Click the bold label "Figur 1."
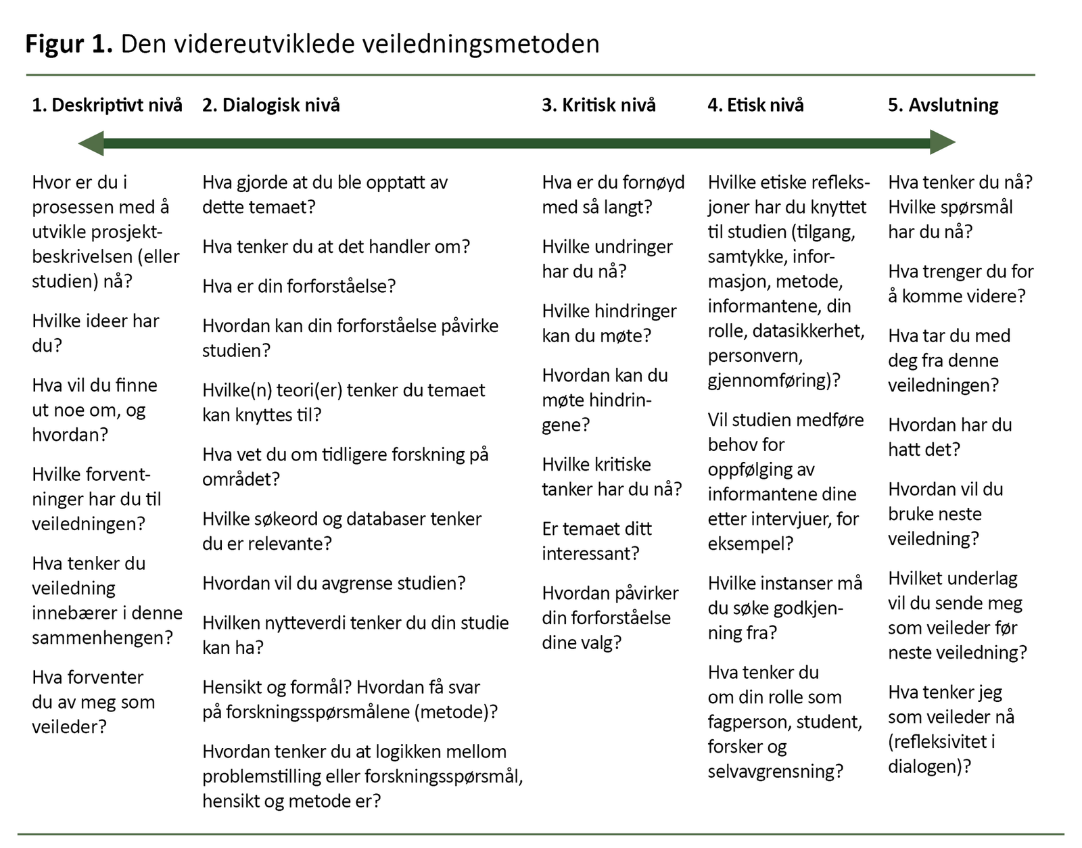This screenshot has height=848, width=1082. (x=68, y=44)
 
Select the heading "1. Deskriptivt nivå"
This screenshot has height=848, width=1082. (x=107, y=105)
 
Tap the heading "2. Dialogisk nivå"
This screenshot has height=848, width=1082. (x=270, y=105)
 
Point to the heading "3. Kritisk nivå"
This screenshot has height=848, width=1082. (x=598, y=105)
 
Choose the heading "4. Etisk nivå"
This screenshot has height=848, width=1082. (x=755, y=105)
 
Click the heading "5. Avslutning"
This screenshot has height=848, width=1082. (x=943, y=105)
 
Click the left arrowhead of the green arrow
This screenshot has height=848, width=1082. (x=91, y=143)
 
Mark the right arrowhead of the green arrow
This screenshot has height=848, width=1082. (x=942, y=143)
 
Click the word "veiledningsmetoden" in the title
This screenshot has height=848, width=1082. (x=479, y=44)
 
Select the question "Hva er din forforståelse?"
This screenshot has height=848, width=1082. (x=299, y=286)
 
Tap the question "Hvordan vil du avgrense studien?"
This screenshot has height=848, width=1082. (x=333, y=583)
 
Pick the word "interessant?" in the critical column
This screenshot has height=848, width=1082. (x=590, y=553)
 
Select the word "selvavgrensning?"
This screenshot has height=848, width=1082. (x=775, y=771)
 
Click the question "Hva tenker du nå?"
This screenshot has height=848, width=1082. (x=960, y=182)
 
